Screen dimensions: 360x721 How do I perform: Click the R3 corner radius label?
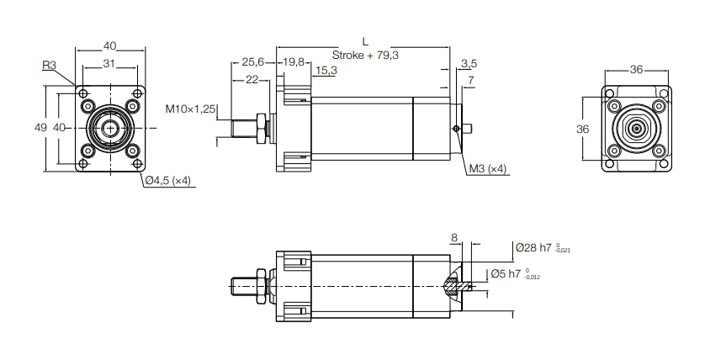(x=49, y=64)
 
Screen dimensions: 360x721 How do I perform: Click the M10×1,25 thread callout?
(x=191, y=109)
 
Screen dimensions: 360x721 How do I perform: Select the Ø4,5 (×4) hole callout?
(x=168, y=181)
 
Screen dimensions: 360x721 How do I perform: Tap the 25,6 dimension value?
(x=252, y=62)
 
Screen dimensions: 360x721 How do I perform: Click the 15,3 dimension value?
(x=325, y=71)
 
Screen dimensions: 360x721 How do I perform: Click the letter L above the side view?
(x=363, y=40)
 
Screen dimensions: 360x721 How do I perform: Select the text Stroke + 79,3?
(x=365, y=55)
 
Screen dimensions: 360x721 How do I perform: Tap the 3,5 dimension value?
(x=469, y=63)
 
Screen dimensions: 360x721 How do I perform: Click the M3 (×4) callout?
(x=489, y=169)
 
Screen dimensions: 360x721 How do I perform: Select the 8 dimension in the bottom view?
(x=454, y=238)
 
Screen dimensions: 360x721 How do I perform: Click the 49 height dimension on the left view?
(x=40, y=128)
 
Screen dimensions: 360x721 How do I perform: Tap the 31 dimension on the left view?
(x=109, y=64)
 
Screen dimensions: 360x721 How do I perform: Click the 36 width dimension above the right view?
(x=637, y=71)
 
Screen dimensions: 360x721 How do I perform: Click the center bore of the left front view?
(x=109, y=128)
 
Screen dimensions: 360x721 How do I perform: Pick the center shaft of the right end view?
(x=637, y=128)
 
